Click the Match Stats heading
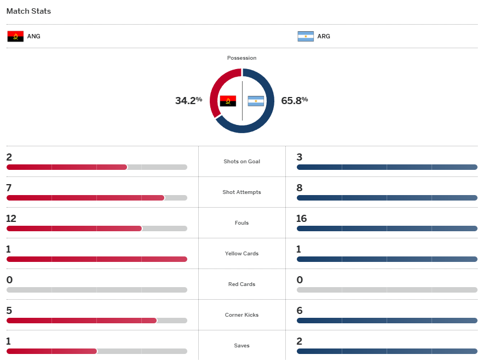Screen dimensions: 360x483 pyautogui.click(x=28, y=11)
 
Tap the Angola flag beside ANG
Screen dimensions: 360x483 pyautogui.click(x=15, y=37)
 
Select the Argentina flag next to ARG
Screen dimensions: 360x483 pyautogui.click(x=306, y=37)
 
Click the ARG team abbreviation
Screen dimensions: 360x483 pyautogui.click(x=324, y=37)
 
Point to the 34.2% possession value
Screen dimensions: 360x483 pyautogui.click(x=188, y=100)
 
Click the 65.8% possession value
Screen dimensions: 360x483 pyautogui.click(x=295, y=100)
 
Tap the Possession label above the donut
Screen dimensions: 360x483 pyautogui.click(x=242, y=58)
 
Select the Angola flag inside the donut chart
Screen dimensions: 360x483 pyautogui.click(x=228, y=101)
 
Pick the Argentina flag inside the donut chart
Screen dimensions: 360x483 pyautogui.click(x=256, y=101)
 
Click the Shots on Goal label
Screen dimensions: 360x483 pyautogui.click(x=242, y=162)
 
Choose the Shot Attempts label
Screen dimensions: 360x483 pyautogui.click(x=242, y=192)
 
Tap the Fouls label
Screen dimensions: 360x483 pyautogui.click(x=242, y=223)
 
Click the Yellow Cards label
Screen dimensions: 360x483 pyautogui.click(x=242, y=254)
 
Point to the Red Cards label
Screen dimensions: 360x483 pyautogui.click(x=242, y=284)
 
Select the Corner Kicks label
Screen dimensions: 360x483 pyautogui.click(x=242, y=315)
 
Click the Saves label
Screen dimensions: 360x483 pyautogui.click(x=242, y=346)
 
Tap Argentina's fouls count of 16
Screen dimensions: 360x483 pyautogui.click(x=301, y=219)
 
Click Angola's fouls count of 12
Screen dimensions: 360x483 pyautogui.click(x=12, y=219)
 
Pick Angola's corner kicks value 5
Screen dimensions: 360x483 pyautogui.click(x=9, y=311)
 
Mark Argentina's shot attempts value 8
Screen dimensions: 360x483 pyautogui.click(x=300, y=188)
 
